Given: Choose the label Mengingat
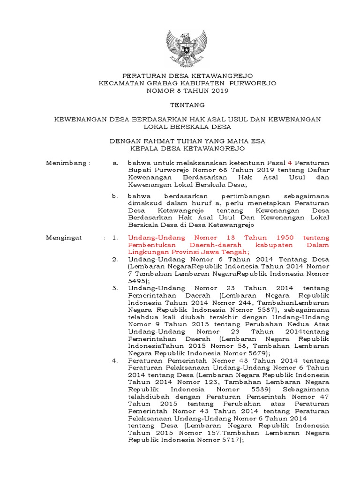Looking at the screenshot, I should [64, 238].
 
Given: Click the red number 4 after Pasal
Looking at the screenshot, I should [289, 163].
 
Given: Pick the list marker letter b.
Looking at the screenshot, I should [114, 195].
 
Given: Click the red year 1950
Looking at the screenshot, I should [287, 238].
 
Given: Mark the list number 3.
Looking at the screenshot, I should [114, 288].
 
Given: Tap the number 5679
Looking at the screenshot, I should [256, 352].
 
